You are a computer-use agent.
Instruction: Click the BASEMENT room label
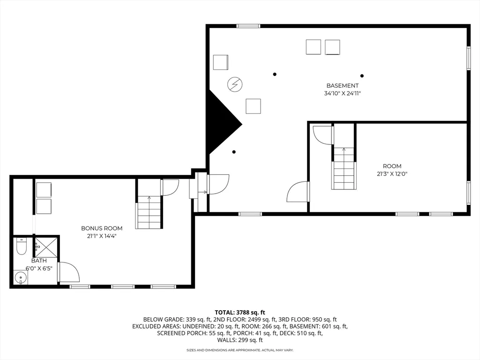[x=342, y=86]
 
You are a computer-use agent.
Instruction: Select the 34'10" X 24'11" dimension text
[x=342, y=93]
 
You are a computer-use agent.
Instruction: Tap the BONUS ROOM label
[x=102, y=228]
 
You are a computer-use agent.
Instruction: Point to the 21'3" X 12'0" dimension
[x=392, y=173]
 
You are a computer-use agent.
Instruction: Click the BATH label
[x=39, y=261]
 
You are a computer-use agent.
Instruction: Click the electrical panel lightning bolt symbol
[x=235, y=84]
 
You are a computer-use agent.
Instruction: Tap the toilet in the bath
[x=22, y=246]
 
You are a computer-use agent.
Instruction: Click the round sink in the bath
[x=21, y=278]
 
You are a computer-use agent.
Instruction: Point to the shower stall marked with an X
[x=46, y=247]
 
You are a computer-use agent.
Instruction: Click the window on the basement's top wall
[x=248, y=26]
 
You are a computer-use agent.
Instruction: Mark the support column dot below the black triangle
[x=234, y=152]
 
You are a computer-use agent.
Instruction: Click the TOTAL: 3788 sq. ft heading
[x=240, y=312]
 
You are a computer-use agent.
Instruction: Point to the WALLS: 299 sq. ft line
[x=240, y=340]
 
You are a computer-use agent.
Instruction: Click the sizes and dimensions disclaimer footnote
[x=240, y=350]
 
